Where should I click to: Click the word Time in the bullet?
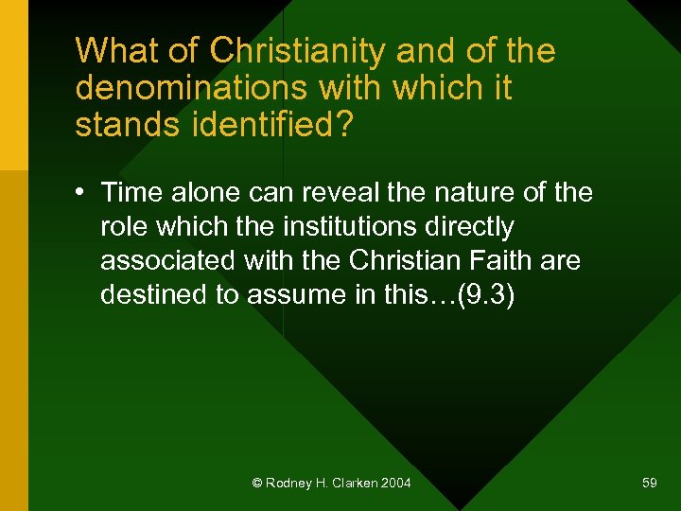click(x=131, y=193)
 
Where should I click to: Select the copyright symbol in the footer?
click(x=256, y=484)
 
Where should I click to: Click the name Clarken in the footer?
click(x=356, y=484)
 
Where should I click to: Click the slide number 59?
click(x=649, y=484)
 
